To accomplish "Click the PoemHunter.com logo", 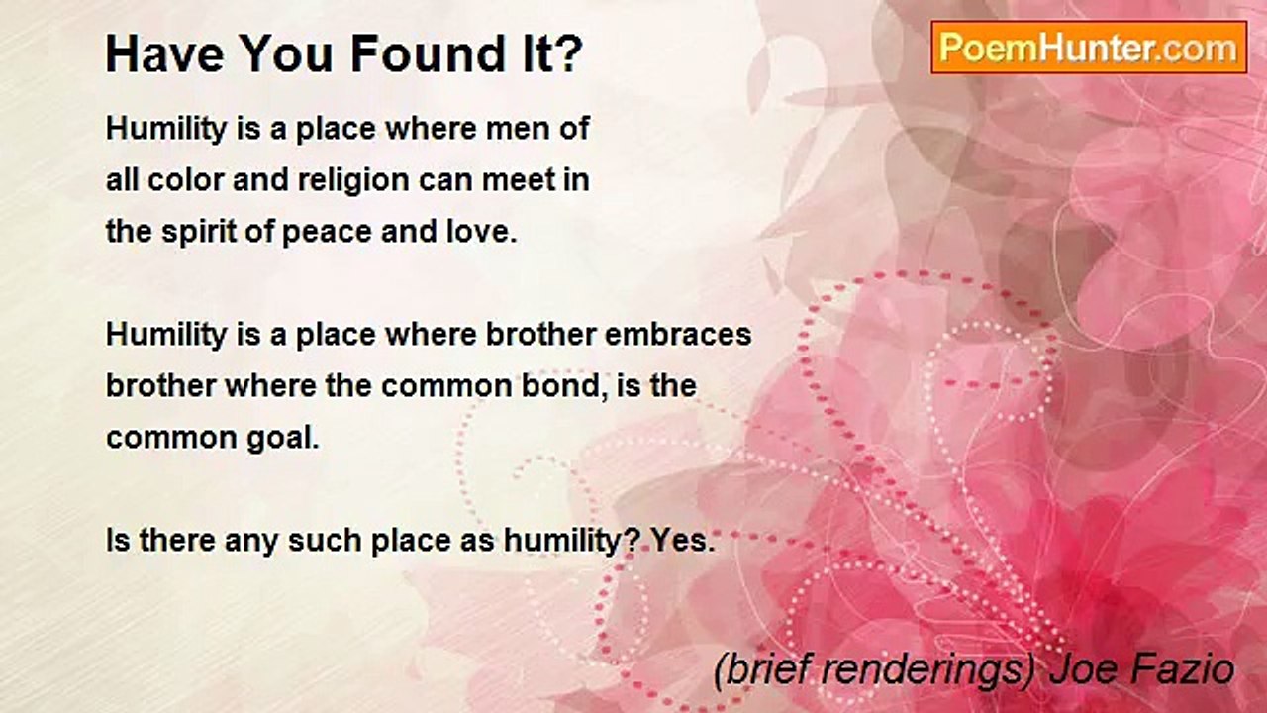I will (1089, 48).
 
